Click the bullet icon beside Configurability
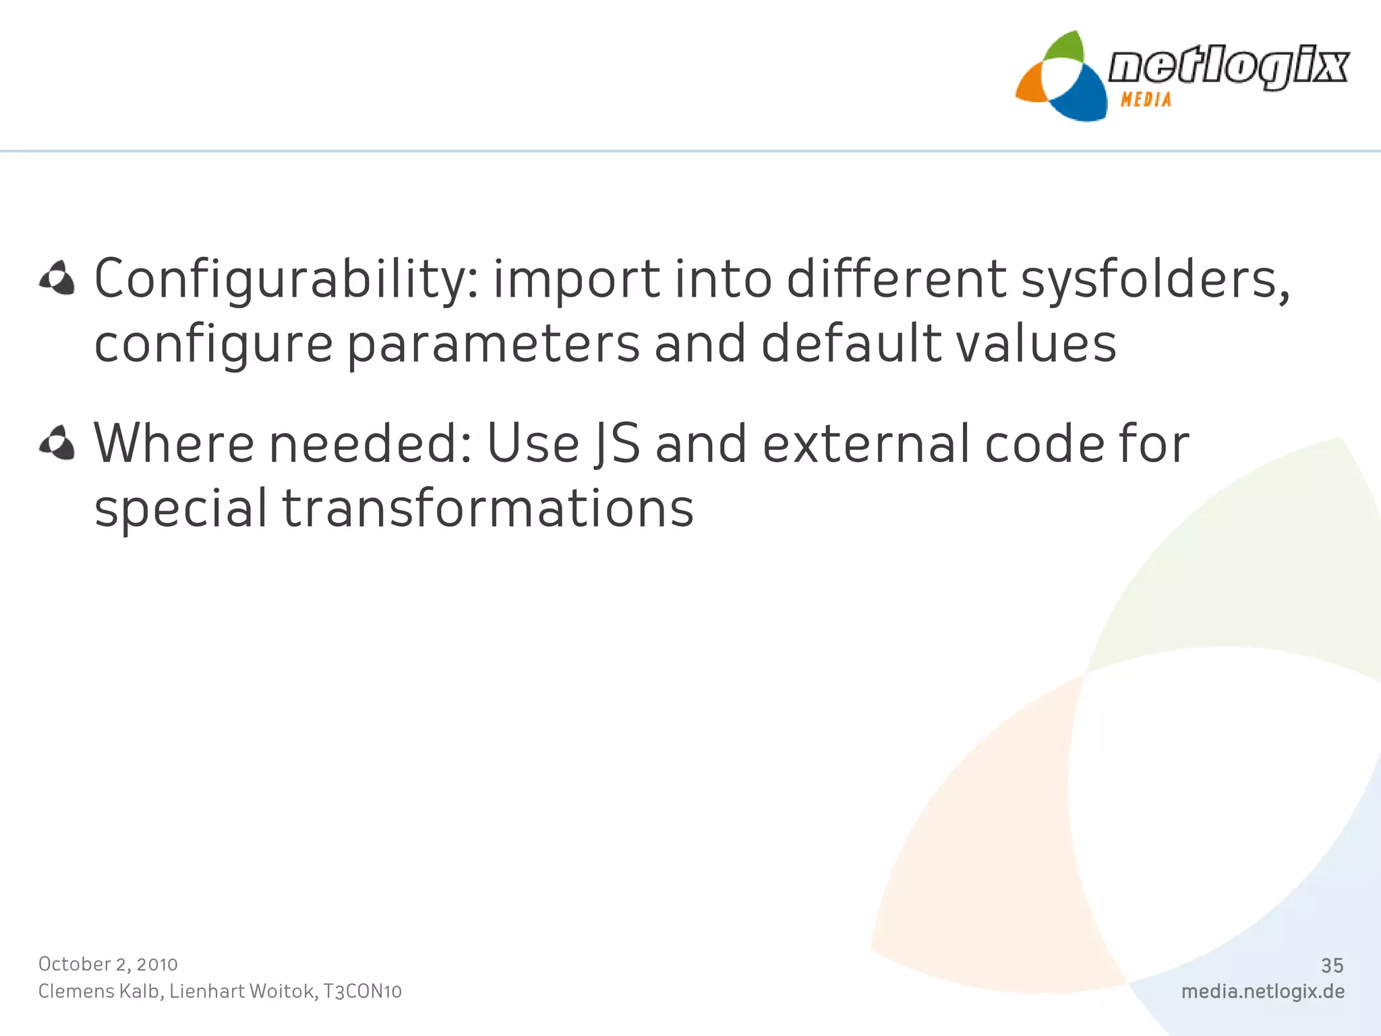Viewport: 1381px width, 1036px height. [x=57, y=278]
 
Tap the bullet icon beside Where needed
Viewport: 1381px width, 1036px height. [x=57, y=443]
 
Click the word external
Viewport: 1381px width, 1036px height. [x=866, y=444]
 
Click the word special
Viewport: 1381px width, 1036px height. [x=181, y=508]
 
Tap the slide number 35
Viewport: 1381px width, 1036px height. [x=1332, y=966]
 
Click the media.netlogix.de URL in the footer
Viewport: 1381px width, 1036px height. [x=1262, y=991]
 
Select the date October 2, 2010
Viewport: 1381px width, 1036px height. [x=108, y=965]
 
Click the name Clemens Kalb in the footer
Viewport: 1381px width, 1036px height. [x=100, y=991]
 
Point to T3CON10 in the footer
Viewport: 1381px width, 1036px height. [x=362, y=991]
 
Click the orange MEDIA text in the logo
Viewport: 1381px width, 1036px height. [x=1146, y=100]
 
